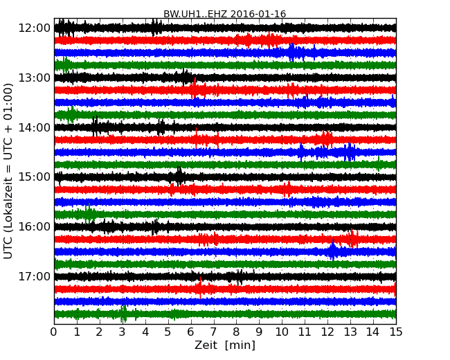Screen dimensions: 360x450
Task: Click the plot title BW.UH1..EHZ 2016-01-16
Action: click(x=224, y=14)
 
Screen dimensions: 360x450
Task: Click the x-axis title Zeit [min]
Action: click(x=224, y=345)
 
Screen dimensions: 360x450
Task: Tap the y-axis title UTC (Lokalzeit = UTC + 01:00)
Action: click(x=8, y=171)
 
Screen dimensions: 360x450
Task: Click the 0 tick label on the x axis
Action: click(x=54, y=332)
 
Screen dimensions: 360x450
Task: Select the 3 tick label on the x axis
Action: click(x=123, y=332)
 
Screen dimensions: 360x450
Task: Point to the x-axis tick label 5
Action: click(x=168, y=332)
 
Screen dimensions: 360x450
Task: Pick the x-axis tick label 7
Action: click(x=214, y=332)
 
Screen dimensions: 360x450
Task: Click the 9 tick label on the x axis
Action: click(x=260, y=332)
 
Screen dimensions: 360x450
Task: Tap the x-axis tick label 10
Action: click(x=282, y=332)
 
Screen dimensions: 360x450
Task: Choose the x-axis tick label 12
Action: click(x=327, y=332)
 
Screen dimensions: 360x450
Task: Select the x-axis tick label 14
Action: click(x=373, y=332)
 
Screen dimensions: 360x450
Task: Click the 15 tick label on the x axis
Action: click(x=396, y=332)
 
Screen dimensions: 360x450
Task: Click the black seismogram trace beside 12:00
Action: click(x=208, y=28)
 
